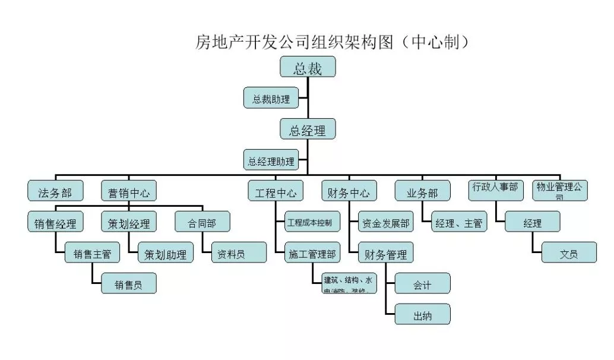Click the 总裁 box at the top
tap(308, 67)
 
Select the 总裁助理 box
tap(271, 98)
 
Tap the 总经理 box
tap(308, 130)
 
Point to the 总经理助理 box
tap(271, 160)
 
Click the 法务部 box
tap(55, 191)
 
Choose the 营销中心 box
tap(128, 191)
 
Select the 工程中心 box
tap(276, 191)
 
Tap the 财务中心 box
tap(349, 191)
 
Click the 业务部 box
tap(422, 191)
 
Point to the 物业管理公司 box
tap(559, 190)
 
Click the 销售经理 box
tap(55, 222)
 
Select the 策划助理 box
tap(164, 253)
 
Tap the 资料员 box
tap(230, 253)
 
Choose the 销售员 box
tap(129, 283)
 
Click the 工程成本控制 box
tap(313, 222)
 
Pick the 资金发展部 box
tap(386, 222)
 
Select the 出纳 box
tap(422, 314)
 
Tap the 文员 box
tap(568, 253)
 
